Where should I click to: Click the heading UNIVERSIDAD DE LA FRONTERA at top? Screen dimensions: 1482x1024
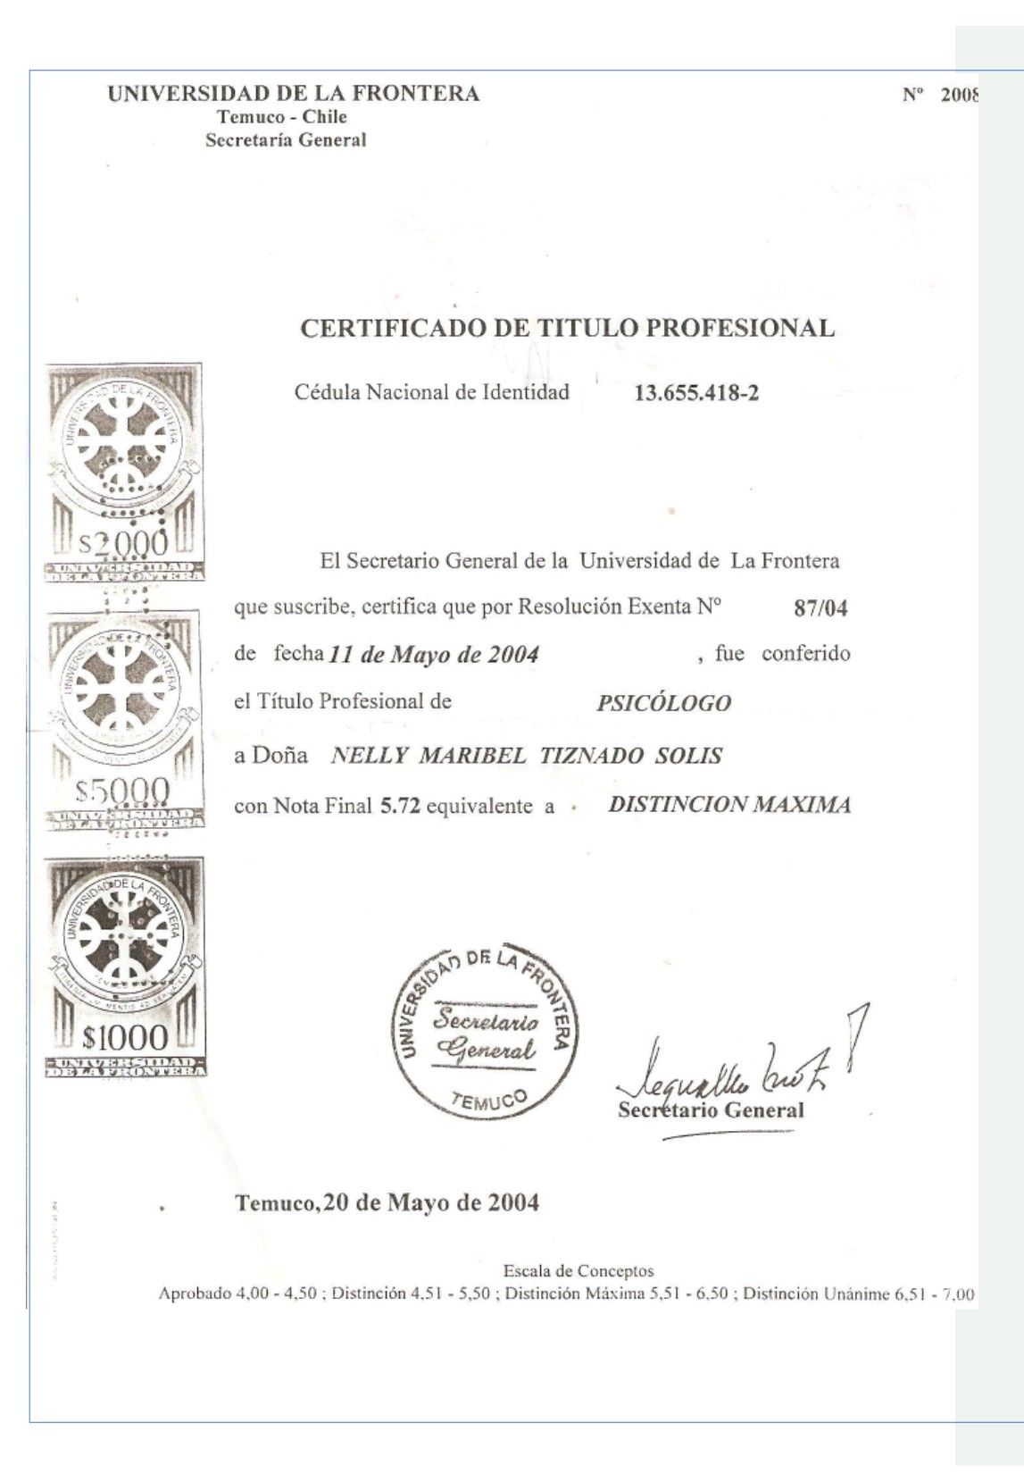pyautogui.click(x=293, y=94)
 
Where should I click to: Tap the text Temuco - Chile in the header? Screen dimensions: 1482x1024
pyautogui.click(x=282, y=117)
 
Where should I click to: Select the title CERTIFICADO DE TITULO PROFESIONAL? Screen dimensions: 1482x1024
pyautogui.click(x=567, y=328)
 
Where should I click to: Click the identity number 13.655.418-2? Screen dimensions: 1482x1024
pyautogui.click(x=695, y=393)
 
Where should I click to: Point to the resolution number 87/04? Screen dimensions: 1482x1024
pyautogui.click(x=820, y=609)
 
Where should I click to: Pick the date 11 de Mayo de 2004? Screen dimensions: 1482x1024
pyautogui.click(x=434, y=655)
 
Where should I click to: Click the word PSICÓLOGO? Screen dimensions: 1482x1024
pyautogui.click(x=663, y=703)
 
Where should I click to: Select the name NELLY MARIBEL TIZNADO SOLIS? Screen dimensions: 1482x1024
pyautogui.click(x=526, y=756)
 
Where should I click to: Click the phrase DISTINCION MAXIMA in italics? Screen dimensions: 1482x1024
pyautogui.click(x=728, y=805)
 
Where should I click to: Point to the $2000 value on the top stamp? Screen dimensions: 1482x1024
pyautogui.click(x=124, y=541)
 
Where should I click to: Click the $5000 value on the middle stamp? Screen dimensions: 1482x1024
pyautogui.click(x=122, y=790)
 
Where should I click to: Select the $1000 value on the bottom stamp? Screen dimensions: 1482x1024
pyautogui.click(x=124, y=1037)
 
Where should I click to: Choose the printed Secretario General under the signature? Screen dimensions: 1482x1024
pyautogui.click(x=711, y=1110)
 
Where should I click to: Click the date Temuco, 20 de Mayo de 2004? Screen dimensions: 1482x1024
pyautogui.click(x=387, y=1202)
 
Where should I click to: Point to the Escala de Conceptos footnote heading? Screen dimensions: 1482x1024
pyautogui.click(x=579, y=1270)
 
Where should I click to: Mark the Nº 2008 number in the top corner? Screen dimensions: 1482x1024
pyautogui.click(x=941, y=96)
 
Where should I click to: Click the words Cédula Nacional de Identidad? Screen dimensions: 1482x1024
pyautogui.click(x=432, y=392)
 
